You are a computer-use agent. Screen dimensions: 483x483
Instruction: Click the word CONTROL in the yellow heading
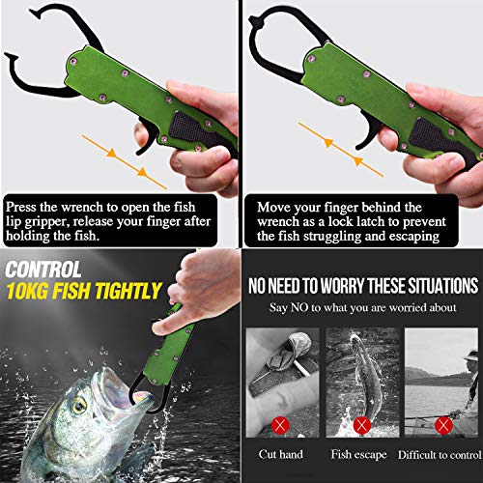43,271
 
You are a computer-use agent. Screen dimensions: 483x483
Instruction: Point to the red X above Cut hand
281,423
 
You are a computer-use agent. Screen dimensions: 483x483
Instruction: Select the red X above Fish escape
361,423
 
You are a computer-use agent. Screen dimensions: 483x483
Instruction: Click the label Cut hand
281,454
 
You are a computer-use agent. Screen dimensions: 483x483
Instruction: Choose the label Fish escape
361,454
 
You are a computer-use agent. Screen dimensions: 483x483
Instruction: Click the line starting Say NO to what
361,309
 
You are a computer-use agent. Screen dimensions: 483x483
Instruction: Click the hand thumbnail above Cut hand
281,377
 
